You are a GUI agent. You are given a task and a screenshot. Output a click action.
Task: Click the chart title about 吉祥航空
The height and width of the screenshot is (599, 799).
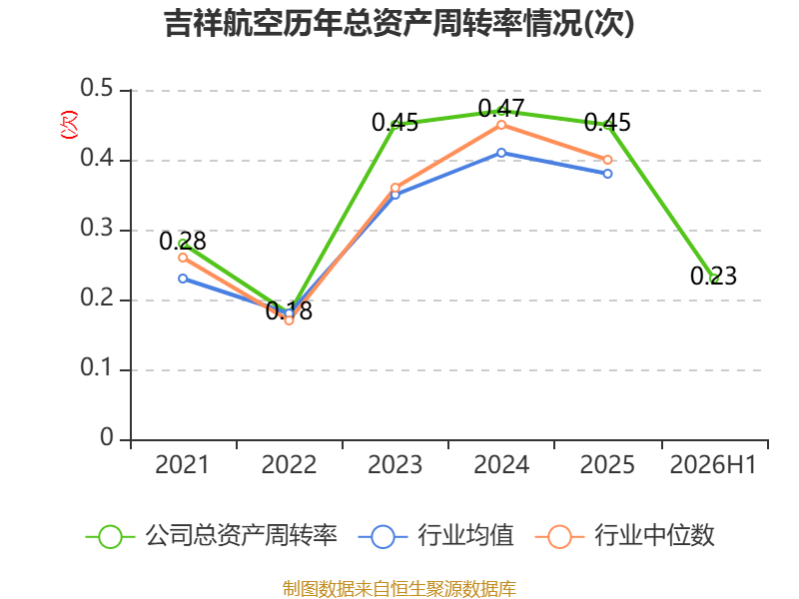[x=399, y=23]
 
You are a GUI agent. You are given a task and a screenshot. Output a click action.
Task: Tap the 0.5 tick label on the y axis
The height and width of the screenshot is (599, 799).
[x=96, y=88]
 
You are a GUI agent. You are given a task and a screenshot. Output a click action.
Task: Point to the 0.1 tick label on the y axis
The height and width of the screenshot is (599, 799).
[x=96, y=367]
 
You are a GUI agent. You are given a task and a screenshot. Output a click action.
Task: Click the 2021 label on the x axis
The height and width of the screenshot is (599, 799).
[x=182, y=464]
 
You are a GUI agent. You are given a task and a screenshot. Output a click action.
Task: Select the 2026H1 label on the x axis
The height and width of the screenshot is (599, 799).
[x=713, y=464]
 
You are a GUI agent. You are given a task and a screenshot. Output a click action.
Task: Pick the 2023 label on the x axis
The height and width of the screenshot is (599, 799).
[x=395, y=464]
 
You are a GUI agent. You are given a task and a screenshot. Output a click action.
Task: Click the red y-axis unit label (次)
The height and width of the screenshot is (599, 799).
[x=69, y=125]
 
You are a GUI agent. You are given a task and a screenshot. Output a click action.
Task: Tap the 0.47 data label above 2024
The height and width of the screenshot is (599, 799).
[x=501, y=108]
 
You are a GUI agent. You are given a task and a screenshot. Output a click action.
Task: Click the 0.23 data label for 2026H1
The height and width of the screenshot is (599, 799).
[x=713, y=277]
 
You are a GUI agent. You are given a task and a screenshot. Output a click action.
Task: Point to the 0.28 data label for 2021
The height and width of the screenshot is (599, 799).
[x=183, y=241]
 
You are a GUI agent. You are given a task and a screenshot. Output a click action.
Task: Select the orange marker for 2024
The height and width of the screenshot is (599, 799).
[x=501, y=126]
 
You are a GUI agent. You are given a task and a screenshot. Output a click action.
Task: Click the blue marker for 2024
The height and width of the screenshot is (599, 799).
[x=501, y=153]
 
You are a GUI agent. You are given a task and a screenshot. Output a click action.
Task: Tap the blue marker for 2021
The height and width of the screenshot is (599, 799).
[x=183, y=279]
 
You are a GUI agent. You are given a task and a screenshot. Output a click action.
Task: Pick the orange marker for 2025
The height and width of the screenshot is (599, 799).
[x=607, y=160]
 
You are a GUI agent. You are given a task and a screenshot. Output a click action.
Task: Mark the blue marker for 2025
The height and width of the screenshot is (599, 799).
[x=607, y=174]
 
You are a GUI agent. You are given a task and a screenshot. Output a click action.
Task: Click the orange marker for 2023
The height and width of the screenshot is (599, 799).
[x=396, y=188]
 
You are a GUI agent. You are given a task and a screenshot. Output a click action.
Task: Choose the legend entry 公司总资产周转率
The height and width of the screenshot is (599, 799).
[x=212, y=536]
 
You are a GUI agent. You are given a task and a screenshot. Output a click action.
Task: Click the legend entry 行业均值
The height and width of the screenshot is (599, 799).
[x=436, y=536]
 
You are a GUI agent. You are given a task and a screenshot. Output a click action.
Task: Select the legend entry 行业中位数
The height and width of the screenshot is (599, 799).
[x=625, y=536]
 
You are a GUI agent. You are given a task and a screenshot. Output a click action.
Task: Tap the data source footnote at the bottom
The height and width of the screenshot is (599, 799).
[x=399, y=588]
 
